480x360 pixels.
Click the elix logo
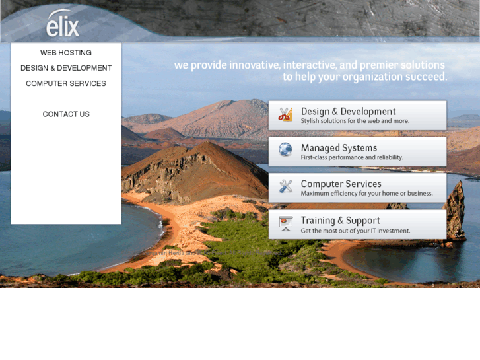click(x=63, y=24)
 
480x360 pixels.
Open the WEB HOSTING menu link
click(x=66, y=53)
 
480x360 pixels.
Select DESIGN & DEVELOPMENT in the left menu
click(x=66, y=68)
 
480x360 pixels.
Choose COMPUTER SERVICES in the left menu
click(x=66, y=84)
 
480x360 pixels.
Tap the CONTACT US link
click(x=66, y=114)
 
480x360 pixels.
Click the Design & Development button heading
click(x=348, y=112)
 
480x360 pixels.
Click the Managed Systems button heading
click(x=339, y=148)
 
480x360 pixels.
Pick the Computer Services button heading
click(x=341, y=184)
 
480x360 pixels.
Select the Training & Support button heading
click(x=340, y=221)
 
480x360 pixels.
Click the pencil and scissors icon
click(x=285, y=114)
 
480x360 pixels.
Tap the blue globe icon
click(x=285, y=150)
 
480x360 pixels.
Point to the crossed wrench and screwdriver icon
click(x=285, y=186)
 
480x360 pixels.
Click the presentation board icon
click(x=285, y=223)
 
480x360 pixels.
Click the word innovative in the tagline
click(x=254, y=65)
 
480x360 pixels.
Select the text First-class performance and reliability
click(x=351, y=158)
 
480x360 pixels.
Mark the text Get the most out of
click(x=330, y=231)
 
